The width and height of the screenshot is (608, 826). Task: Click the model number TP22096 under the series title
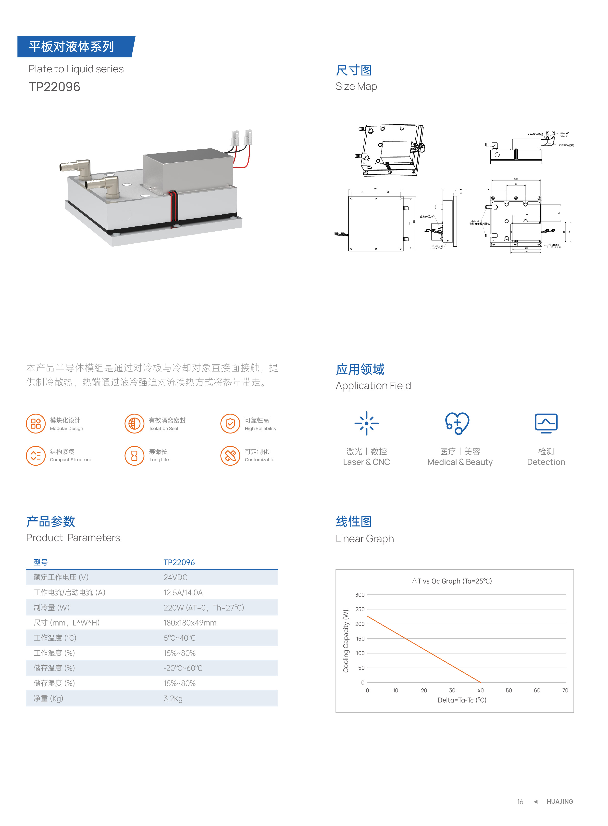[x=54, y=87]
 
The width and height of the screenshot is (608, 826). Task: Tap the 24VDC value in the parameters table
[x=175, y=577]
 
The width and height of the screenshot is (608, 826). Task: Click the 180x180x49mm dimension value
[x=190, y=623]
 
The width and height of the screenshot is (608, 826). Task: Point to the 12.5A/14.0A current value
[x=183, y=592]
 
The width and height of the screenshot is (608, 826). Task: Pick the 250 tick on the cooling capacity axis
[x=360, y=609]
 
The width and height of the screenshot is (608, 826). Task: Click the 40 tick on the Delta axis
[x=480, y=690]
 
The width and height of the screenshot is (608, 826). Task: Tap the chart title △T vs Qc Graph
[x=452, y=581]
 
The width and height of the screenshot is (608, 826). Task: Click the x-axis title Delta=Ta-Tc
[x=462, y=700]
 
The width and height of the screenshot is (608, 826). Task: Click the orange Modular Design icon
[x=36, y=424]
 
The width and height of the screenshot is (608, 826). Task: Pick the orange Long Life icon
[x=134, y=456]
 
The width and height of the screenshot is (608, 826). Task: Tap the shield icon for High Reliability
[x=230, y=424]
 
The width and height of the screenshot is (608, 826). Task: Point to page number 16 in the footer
[x=520, y=802]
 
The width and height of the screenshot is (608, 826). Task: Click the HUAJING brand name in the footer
[x=559, y=802]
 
